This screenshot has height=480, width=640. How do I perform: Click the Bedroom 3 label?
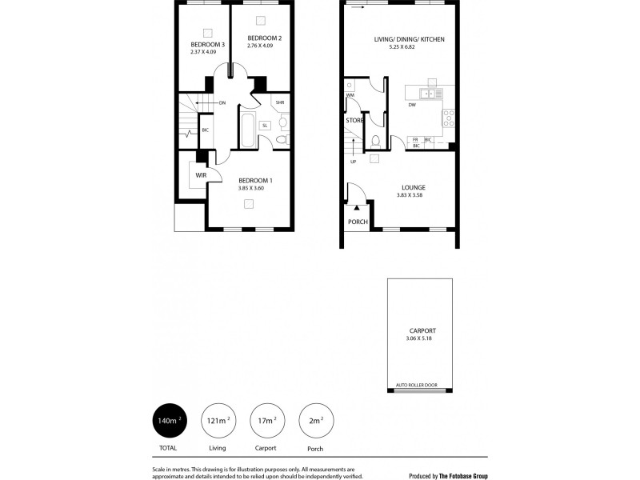pyautogui.click(x=206, y=44)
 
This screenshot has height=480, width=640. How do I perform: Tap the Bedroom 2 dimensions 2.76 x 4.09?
pyautogui.click(x=263, y=46)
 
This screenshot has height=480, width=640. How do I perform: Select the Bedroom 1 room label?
pyautogui.click(x=255, y=181)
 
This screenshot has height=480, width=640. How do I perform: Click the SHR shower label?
pyautogui.click(x=280, y=103)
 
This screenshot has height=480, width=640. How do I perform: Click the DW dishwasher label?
pyautogui.click(x=412, y=105)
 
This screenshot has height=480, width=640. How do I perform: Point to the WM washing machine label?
pyautogui.click(x=350, y=95)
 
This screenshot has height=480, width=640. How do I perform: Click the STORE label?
pyautogui.click(x=354, y=120)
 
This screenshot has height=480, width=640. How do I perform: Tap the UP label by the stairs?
pyautogui.click(x=353, y=162)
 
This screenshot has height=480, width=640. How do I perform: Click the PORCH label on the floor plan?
pyautogui.click(x=356, y=222)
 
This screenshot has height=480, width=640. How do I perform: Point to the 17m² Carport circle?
pyautogui.click(x=264, y=420)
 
